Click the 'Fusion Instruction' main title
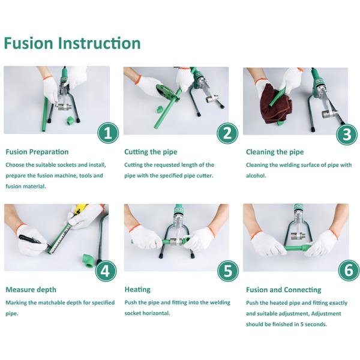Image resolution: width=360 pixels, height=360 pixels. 73,43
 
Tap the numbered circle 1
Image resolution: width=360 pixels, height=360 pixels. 108,133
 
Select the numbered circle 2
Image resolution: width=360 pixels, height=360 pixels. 227,133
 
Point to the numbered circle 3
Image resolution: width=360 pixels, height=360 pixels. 347,134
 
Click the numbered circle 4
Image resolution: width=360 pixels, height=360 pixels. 106,271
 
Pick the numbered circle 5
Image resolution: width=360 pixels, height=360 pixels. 228,271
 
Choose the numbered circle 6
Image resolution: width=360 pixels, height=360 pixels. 349,270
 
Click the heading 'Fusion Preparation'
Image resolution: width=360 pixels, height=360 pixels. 37,152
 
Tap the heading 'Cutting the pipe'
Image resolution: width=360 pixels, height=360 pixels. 151,152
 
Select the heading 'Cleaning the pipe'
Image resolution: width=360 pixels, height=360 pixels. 275,152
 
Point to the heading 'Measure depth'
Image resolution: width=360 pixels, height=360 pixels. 31,290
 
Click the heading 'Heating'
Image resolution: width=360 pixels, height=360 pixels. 137,290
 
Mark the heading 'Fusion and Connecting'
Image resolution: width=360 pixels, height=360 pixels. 284,290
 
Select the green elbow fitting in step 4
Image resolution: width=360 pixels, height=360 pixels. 89,260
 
